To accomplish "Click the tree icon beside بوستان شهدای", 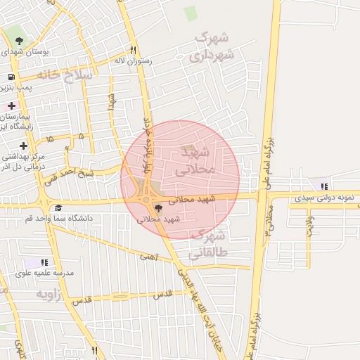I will click(19, 40).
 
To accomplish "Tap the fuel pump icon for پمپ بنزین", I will click(11, 77).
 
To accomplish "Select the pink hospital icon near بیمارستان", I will click(11, 105).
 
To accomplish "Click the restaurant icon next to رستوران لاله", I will click(134, 50).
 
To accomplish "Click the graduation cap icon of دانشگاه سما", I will click(58, 208).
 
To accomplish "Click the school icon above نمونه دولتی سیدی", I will click(324, 186).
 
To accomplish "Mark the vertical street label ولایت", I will click(309, 224).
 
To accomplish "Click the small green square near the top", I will click(191, 12).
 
